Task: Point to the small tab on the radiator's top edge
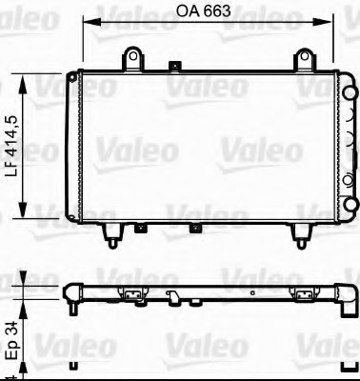coord(174,68)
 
